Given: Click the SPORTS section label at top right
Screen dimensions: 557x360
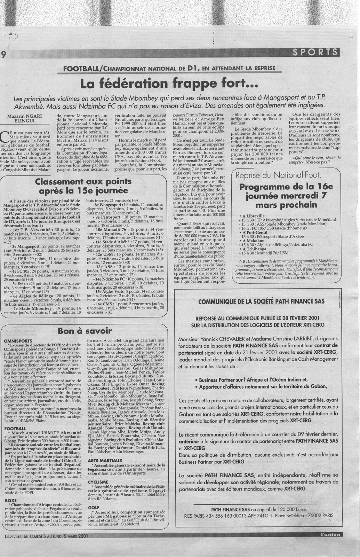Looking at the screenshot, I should pyautogui.click(x=315, y=52).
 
